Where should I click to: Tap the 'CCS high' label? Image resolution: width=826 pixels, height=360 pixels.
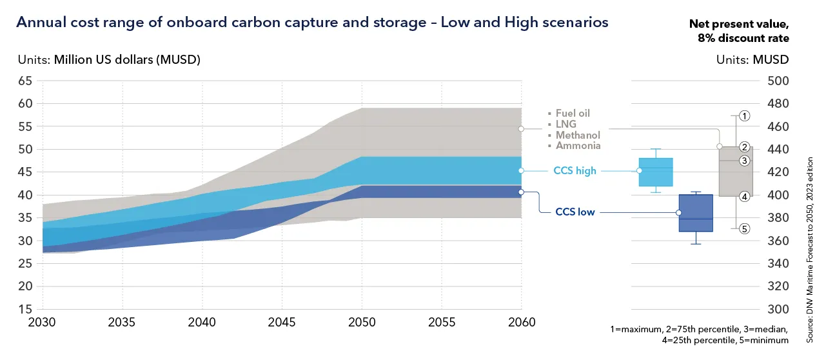click(x=575, y=171)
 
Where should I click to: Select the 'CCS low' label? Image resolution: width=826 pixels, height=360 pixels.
click(x=575, y=212)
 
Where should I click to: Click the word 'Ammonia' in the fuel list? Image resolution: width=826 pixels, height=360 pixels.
click(x=578, y=146)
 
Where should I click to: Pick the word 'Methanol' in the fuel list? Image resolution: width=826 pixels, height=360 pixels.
click(x=578, y=135)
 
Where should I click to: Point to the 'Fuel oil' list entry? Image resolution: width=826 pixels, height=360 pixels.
click(x=573, y=113)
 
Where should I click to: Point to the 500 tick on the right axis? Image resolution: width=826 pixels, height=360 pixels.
click(x=776, y=81)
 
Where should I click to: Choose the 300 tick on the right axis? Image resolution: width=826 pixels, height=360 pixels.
click(x=776, y=309)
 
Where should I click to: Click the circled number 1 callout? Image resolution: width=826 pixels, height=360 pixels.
click(x=744, y=116)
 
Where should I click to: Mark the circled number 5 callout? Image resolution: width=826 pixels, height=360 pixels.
click(x=744, y=228)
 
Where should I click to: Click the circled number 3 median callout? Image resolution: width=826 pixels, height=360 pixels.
click(x=744, y=161)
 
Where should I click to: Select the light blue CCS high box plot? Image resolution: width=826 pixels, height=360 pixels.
click(x=656, y=172)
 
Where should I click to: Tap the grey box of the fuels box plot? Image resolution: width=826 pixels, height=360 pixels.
click(x=735, y=172)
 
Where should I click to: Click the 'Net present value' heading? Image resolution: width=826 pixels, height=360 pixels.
click(x=739, y=25)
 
